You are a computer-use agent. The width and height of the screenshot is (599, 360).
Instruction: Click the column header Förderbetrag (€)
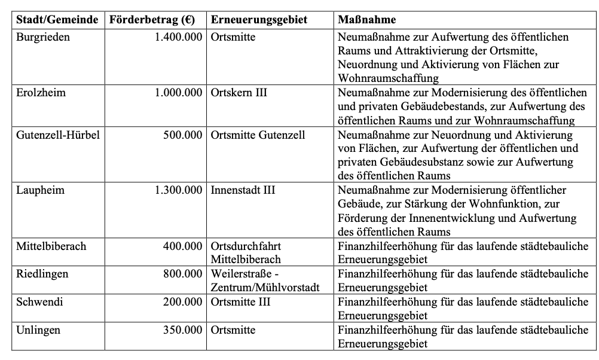[152, 20]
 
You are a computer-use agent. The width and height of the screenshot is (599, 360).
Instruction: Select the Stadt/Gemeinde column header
[57, 20]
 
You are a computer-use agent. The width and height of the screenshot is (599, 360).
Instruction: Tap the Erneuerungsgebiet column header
[259, 20]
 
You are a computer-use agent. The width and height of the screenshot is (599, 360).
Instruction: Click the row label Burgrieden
[43, 37]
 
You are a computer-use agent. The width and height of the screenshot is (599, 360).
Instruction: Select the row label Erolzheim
[41, 93]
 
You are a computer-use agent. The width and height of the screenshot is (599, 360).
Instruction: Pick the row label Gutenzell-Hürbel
[57, 135]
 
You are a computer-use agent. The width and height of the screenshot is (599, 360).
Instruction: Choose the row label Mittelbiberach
[51, 246]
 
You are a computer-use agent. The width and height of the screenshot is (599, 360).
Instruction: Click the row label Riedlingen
[42, 274]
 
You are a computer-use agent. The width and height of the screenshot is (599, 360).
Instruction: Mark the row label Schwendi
[39, 302]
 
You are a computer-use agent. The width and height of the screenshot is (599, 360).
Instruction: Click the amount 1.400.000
[178, 37]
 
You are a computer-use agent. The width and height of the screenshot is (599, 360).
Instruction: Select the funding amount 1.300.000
[178, 191]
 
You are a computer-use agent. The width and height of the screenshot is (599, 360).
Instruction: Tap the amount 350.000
[184, 330]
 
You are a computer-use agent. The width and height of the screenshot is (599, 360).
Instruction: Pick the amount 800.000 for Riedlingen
[184, 274]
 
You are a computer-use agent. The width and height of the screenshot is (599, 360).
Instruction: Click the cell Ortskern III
[239, 93]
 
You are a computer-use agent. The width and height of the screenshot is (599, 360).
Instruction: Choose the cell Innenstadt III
[243, 191]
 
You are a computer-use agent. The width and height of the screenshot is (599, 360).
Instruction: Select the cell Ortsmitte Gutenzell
[258, 135]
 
